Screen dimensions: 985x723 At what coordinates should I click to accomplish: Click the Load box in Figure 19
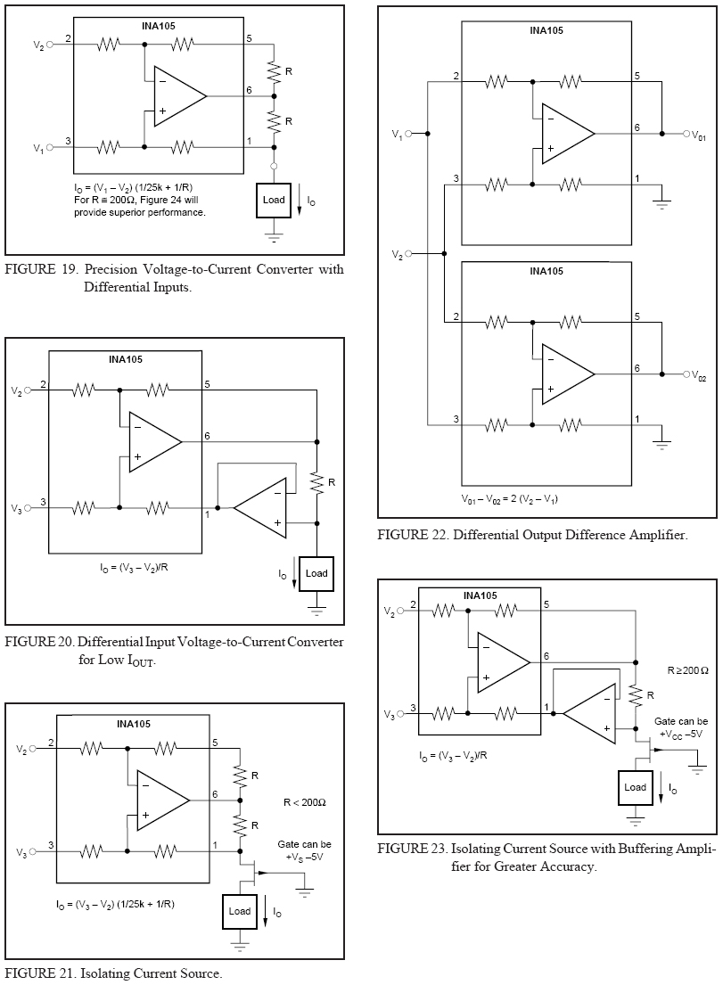274,201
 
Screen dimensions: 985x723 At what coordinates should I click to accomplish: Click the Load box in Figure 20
316,573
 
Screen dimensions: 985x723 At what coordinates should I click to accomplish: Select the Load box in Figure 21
240,911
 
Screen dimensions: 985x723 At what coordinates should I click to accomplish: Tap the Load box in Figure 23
635,787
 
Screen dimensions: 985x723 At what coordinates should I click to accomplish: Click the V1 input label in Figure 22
398,135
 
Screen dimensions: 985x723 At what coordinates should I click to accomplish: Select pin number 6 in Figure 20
207,436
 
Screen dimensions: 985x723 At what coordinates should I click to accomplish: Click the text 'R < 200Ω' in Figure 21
304,803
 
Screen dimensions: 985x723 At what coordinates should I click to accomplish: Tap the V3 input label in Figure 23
390,715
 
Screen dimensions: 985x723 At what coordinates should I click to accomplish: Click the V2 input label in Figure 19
38,45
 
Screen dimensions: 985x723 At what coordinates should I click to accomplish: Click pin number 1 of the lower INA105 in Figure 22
637,419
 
